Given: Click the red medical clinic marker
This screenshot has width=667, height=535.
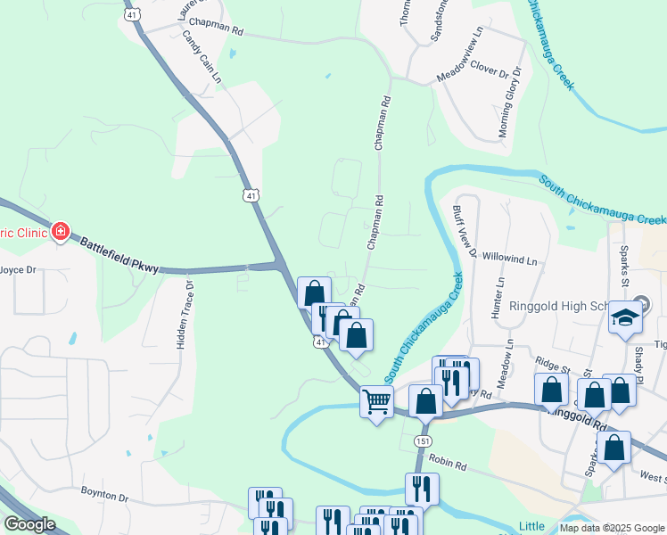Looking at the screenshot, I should coord(61,233).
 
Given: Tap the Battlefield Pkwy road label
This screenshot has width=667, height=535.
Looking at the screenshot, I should coord(118,255).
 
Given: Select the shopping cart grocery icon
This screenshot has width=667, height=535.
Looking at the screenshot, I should coord(376,402).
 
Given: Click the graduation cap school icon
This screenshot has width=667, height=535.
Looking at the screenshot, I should coord(626,317).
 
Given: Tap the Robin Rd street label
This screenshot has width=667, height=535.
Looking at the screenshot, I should coord(448,465).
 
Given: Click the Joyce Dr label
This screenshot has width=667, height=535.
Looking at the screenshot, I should coord(18,268).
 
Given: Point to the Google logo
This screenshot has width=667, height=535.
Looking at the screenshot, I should coord(30,524).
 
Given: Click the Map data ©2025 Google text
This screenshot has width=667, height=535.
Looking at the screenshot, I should coord(612,528).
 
